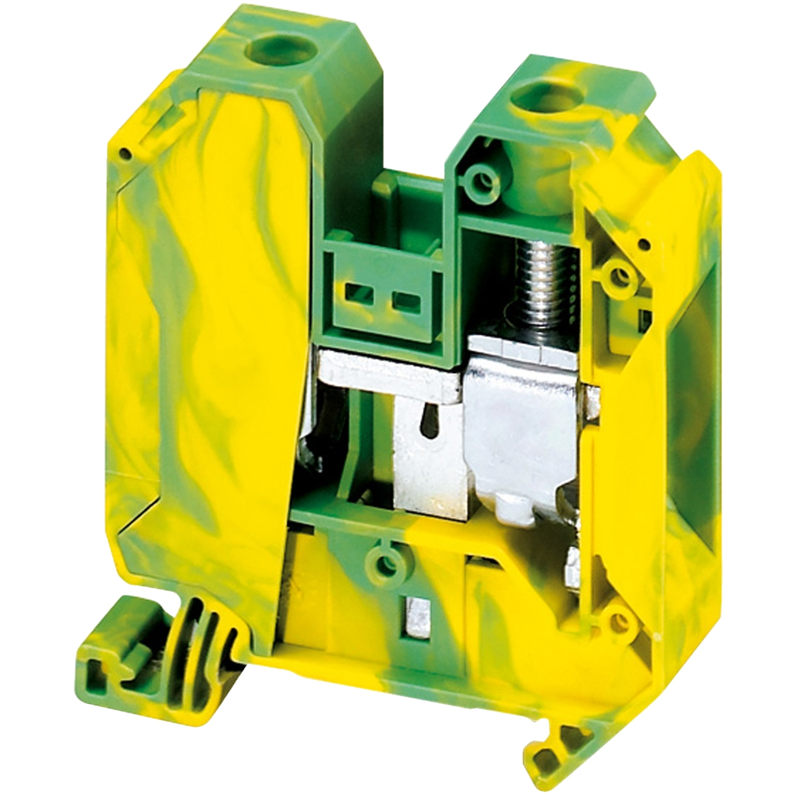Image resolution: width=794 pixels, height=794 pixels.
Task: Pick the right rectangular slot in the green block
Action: [405, 299]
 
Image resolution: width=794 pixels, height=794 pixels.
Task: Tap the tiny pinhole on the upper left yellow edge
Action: [124, 154]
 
